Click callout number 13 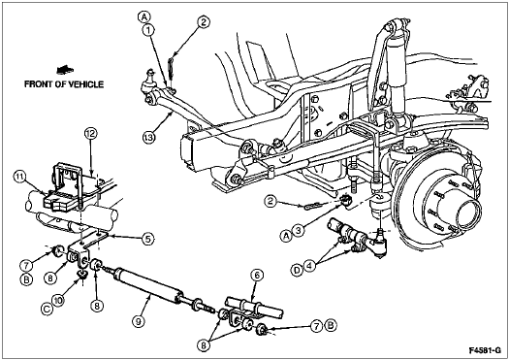(148, 138)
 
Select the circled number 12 (91, 134)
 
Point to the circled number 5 (147, 240)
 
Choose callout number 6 (257, 276)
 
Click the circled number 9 (139, 321)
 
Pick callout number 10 (60, 301)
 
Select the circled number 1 (148, 30)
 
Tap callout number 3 (299, 230)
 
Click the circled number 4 (309, 266)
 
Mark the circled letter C (47, 309)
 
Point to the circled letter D (298, 271)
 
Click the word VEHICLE (83, 84)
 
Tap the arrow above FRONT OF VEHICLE (65, 70)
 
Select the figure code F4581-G (485, 350)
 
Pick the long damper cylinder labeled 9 (147, 285)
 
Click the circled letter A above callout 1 (144, 16)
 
